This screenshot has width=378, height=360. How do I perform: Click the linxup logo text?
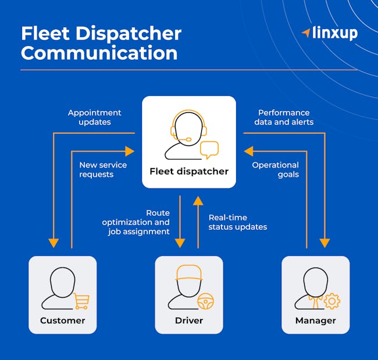pyautogui.click(x=336, y=33)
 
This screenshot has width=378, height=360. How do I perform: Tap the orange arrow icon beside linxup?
pyautogui.click(x=306, y=32)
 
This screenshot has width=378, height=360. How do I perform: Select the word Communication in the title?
pyautogui.click(x=99, y=53)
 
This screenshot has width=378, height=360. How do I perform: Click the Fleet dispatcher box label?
pyautogui.click(x=189, y=171)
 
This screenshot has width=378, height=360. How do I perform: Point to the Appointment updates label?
pyautogui.click(x=94, y=117)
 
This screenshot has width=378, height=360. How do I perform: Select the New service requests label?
pyautogui.click(x=103, y=170)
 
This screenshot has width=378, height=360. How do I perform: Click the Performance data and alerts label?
pyautogui.click(x=284, y=117)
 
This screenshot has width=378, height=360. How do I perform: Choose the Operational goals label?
pyautogui.click(x=275, y=170)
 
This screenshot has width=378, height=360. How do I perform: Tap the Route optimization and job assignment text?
pyautogui.click(x=136, y=222)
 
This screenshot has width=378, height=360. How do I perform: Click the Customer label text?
pyautogui.click(x=62, y=320)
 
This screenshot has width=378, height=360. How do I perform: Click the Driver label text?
pyautogui.click(x=189, y=320)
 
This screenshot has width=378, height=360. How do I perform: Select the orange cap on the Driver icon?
pyautogui.click(x=188, y=273)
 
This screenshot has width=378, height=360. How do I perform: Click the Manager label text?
pyautogui.click(x=315, y=320)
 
